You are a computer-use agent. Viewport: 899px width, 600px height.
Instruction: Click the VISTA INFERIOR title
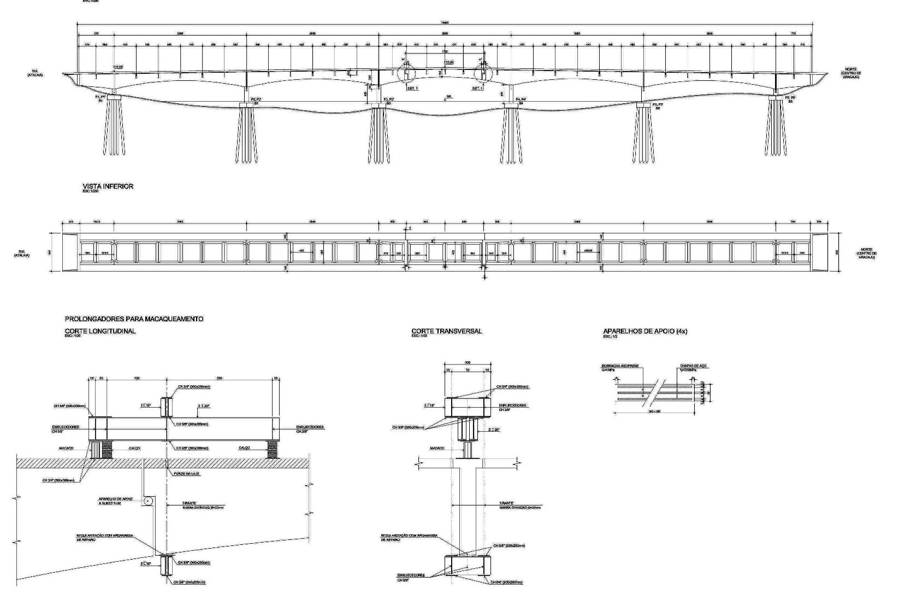point(108,186)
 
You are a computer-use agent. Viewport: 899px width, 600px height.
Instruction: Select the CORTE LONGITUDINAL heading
point(100,331)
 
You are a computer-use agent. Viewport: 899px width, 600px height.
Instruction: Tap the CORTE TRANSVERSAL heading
point(446,331)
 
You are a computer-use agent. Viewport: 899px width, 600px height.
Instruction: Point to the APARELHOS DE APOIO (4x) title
point(644,331)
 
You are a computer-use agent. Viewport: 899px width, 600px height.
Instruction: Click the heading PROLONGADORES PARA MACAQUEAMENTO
point(134,319)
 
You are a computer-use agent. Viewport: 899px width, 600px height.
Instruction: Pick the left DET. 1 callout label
point(412,89)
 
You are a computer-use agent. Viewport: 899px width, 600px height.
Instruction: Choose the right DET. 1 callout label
point(478,89)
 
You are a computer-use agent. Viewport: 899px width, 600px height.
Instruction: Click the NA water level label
point(449,97)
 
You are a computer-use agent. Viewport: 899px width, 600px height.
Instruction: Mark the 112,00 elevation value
point(449,62)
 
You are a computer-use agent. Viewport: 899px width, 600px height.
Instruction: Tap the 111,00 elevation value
point(117,67)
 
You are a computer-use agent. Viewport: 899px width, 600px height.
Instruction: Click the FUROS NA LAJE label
point(187,474)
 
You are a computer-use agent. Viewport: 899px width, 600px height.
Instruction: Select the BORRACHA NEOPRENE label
point(619,366)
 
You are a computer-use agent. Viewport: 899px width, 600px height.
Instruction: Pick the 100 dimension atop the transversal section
point(467,363)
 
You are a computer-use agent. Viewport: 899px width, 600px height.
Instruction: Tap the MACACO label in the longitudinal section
point(66,448)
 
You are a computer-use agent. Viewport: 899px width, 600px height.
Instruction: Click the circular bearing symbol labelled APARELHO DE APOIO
point(147,500)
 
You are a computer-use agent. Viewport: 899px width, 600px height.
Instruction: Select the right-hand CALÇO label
point(244,448)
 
